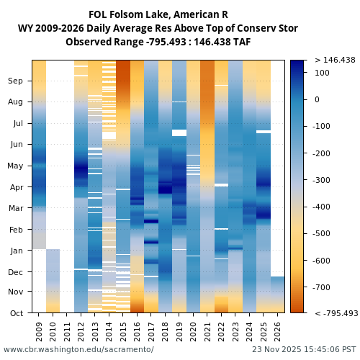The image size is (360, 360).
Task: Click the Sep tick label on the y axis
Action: point(15,81)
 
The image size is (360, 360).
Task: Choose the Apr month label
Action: point(15,187)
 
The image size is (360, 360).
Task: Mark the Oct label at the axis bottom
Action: point(15,313)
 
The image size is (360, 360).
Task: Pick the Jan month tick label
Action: point(15,251)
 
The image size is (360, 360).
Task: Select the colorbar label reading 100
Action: point(323,73)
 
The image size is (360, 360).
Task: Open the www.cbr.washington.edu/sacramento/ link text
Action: point(78,350)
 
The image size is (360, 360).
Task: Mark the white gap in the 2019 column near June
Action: point(179,132)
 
